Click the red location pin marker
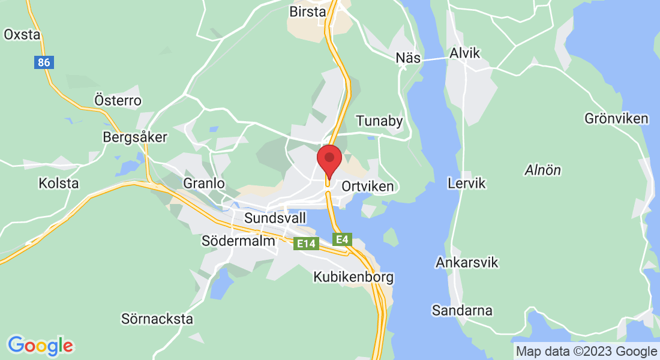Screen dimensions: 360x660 coord(329,159)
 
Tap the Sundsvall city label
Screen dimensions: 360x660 coord(275,217)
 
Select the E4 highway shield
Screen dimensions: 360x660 coord(341,240)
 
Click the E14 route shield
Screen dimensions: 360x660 coord(305,244)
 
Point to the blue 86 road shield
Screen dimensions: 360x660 coord(43,62)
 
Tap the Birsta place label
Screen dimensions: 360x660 coord(307,11)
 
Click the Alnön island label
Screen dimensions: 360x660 coord(542,170)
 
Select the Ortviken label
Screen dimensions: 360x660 coord(367,186)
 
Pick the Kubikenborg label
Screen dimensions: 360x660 coord(353,277)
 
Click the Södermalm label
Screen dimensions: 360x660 coord(238,241)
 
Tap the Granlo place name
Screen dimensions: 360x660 coord(204,183)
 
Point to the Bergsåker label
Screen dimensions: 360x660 coord(135,137)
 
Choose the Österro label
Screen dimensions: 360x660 coord(118,100)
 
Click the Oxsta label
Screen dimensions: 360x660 coord(22,34)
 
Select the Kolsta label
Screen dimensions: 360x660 coord(58,183)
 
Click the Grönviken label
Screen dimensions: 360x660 coord(616,118)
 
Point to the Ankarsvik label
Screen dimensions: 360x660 coord(467,263)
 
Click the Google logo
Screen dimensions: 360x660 coord(40,346)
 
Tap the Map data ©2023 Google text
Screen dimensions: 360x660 coord(586,351)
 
